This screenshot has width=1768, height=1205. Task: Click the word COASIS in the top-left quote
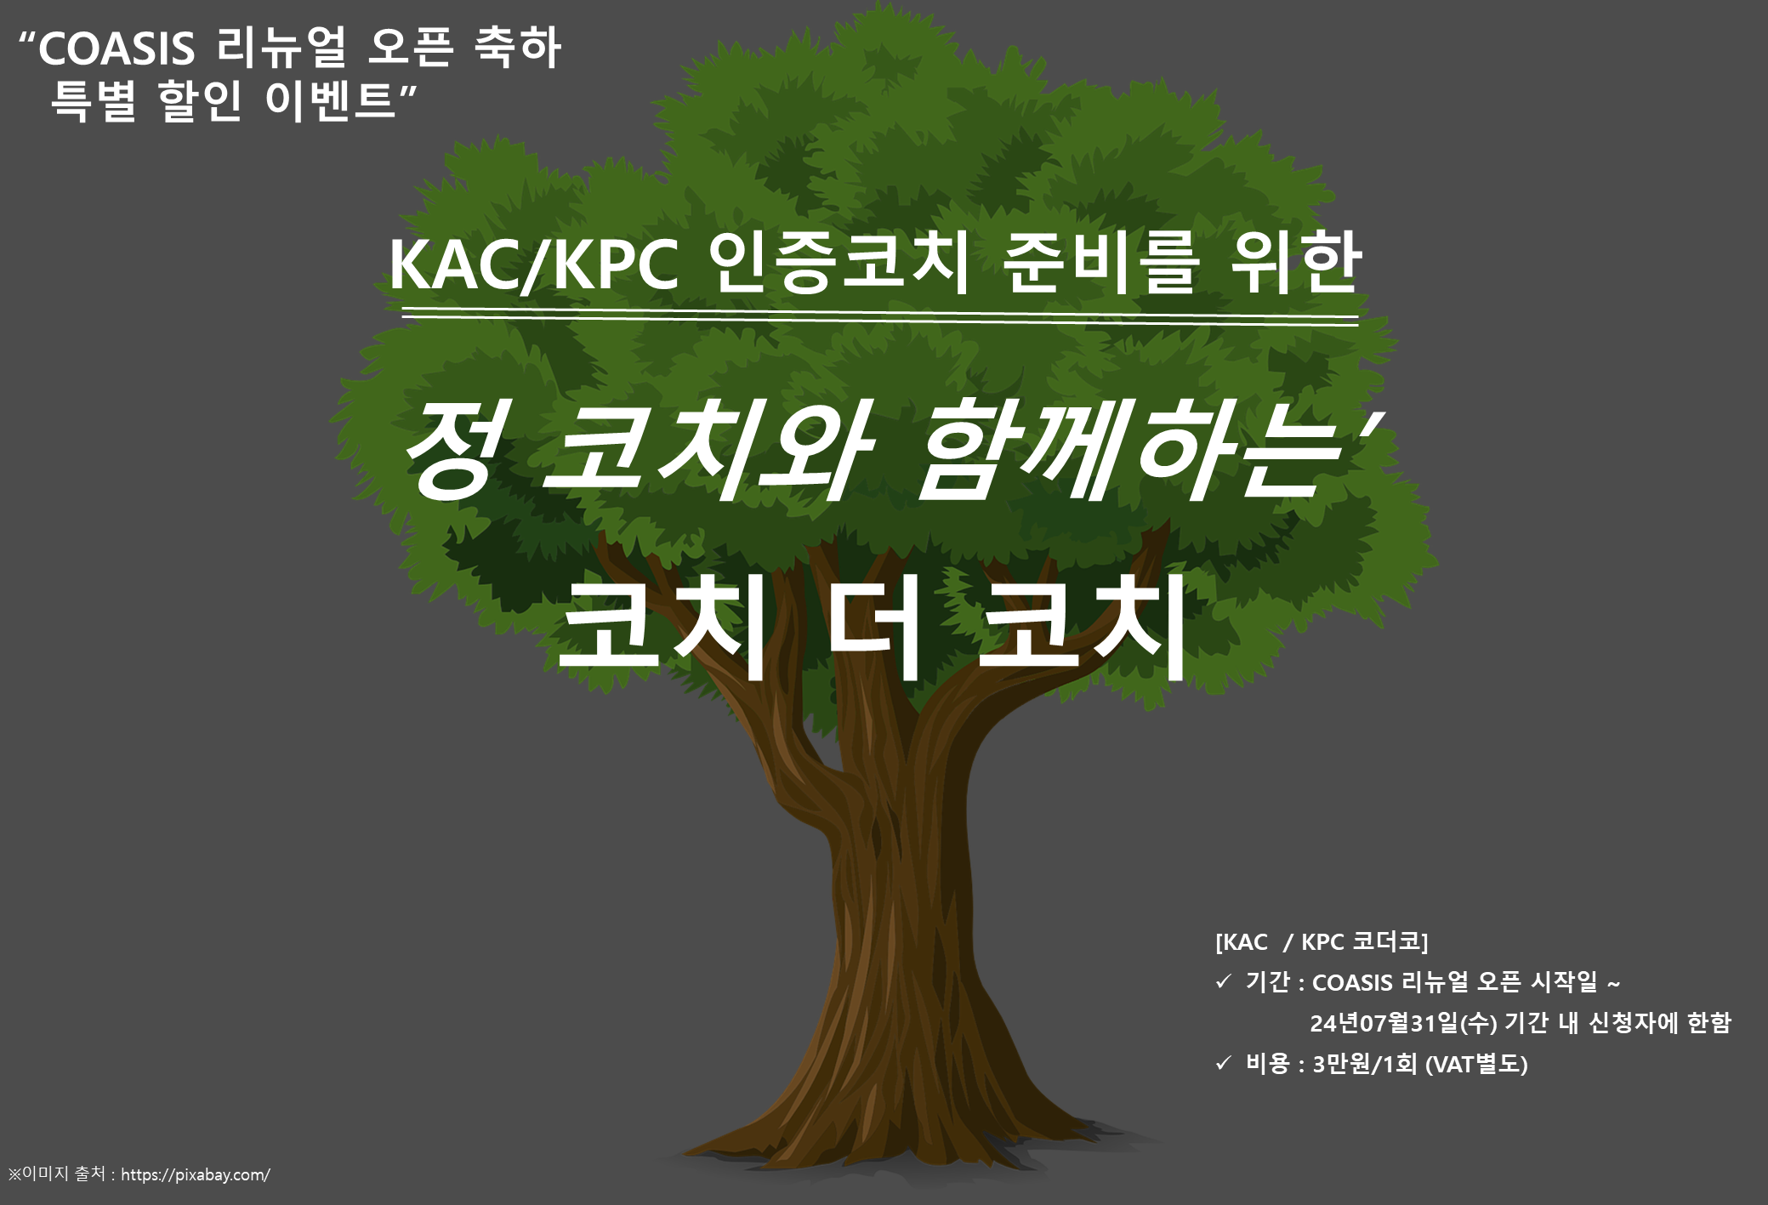(x=117, y=48)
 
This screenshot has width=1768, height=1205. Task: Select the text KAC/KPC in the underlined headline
(x=534, y=265)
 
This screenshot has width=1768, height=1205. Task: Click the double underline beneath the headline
(x=880, y=318)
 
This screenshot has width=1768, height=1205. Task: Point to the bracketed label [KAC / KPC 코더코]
(x=1322, y=942)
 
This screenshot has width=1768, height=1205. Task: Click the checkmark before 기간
(x=1223, y=982)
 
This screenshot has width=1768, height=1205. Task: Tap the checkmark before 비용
(x=1223, y=1063)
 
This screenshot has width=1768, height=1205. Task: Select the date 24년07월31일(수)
(x=1403, y=1023)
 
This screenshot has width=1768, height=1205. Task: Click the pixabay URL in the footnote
(x=196, y=1175)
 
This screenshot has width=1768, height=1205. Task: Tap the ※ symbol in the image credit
(x=14, y=1174)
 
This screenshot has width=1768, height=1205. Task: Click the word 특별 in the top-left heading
(x=93, y=100)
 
